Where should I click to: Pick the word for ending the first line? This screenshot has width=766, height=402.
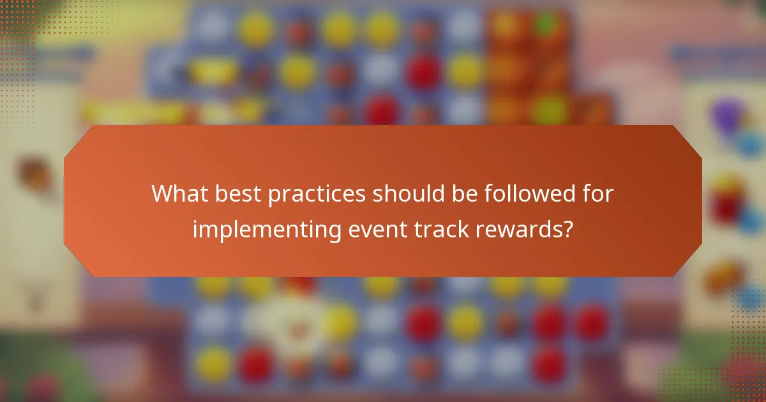pos(595,194)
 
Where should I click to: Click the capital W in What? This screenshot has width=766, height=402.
pos(162,194)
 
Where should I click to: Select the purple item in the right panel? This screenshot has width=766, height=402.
pos(727,115)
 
